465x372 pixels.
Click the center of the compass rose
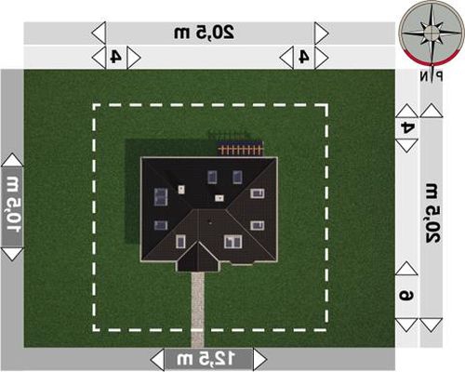[432, 32]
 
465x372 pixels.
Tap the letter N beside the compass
[424, 76]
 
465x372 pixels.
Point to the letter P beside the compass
[439, 76]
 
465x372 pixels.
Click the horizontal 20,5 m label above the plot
[204, 33]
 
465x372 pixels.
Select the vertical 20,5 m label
[432, 213]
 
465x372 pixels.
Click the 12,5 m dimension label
[206, 359]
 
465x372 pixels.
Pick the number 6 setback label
[406, 296]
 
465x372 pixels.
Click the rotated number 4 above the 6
[407, 127]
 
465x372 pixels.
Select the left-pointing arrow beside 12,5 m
[157, 359]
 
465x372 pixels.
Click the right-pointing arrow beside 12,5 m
[259, 359]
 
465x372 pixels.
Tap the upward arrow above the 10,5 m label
[12, 160]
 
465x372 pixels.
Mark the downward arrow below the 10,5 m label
[12, 254]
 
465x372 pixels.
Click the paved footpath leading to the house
[197, 310]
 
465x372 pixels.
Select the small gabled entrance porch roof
[198, 258]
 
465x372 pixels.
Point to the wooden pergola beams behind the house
[240, 151]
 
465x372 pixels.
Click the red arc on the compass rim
[432, 60]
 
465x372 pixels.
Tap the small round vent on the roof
[210, 222]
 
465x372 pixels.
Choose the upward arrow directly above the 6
[406, 268]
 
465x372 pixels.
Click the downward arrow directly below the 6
[406, 325]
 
